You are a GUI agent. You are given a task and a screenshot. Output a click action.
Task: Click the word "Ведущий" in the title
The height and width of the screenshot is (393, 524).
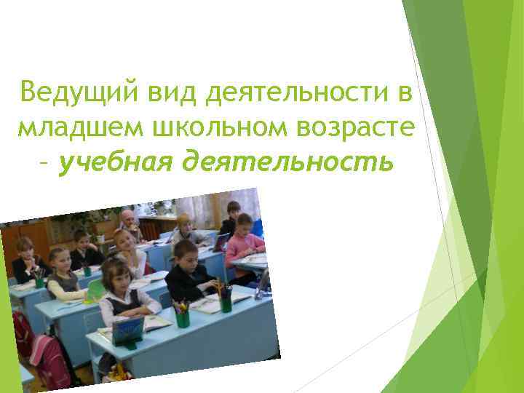pyautogui.click(x=81, y=94)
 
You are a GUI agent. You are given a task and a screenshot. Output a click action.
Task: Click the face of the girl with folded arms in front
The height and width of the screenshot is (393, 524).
pyautogui.click(x=117, y=277)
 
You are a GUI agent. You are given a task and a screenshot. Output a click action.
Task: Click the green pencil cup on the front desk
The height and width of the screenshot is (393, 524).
pyautogui.click(x=182, y=317)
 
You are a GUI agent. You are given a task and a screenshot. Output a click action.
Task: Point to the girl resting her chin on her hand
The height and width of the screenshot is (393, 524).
pyautogui.click(x=128, y=244)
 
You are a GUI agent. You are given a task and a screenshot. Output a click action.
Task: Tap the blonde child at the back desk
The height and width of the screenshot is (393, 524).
pyautogui.click(x=185, y=227)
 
